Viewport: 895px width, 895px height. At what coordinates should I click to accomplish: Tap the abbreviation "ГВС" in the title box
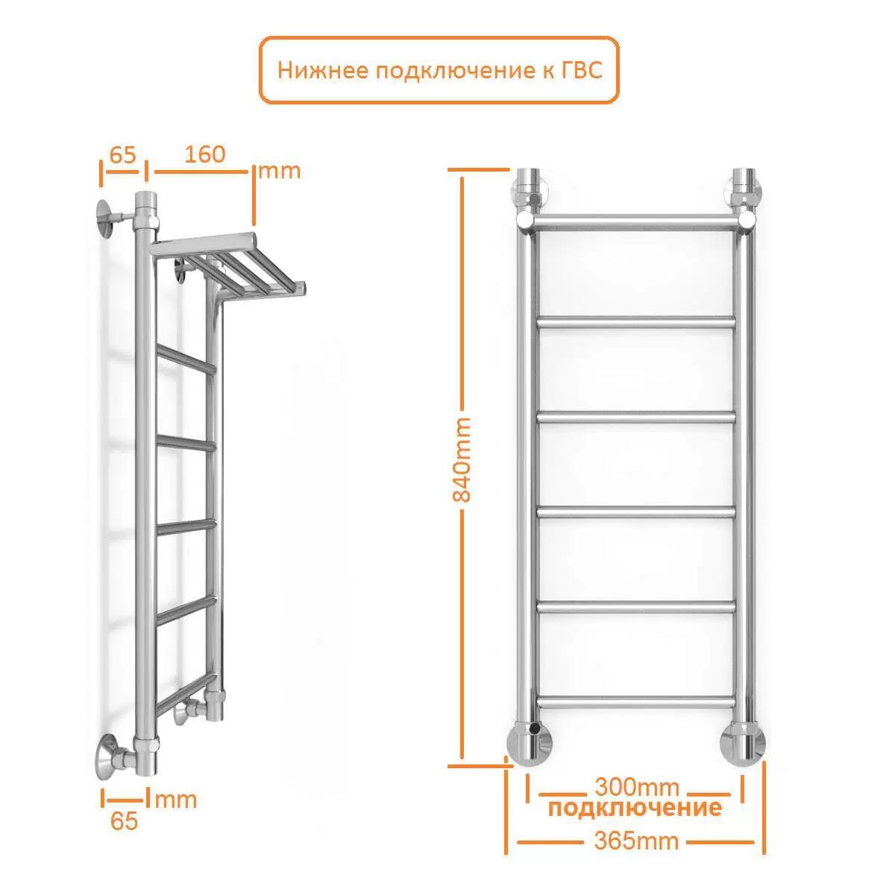point(582,71)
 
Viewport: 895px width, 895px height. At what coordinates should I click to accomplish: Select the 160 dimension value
point(205,154)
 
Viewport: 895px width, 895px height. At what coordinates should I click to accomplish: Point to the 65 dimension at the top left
point(122,154)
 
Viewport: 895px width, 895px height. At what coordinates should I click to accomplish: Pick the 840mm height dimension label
point(462,460)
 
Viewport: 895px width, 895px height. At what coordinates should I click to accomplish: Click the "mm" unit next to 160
point(280,172)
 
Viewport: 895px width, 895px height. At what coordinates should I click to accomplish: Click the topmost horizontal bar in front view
point(635,222)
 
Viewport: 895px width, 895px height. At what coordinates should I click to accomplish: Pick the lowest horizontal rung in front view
point(636,702)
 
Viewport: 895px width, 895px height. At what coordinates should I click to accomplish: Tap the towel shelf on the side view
point(228,266)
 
